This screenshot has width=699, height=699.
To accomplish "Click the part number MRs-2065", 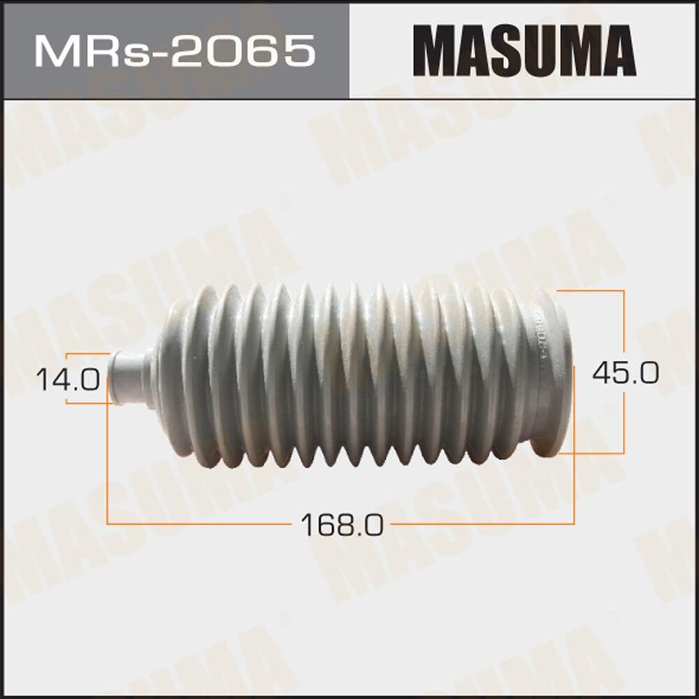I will coord(174,51).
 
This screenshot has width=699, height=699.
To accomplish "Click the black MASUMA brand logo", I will coord(524,51).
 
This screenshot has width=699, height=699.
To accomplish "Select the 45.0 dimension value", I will coord(625,373).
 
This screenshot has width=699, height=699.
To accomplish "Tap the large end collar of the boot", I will coord(552,374).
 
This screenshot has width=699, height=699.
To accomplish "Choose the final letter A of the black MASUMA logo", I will coord(616,51).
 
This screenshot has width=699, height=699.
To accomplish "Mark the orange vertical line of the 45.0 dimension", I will coord(624,322).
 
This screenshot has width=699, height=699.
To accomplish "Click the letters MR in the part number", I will coord(70,51).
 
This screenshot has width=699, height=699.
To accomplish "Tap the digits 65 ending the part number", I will coord(287,51).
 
